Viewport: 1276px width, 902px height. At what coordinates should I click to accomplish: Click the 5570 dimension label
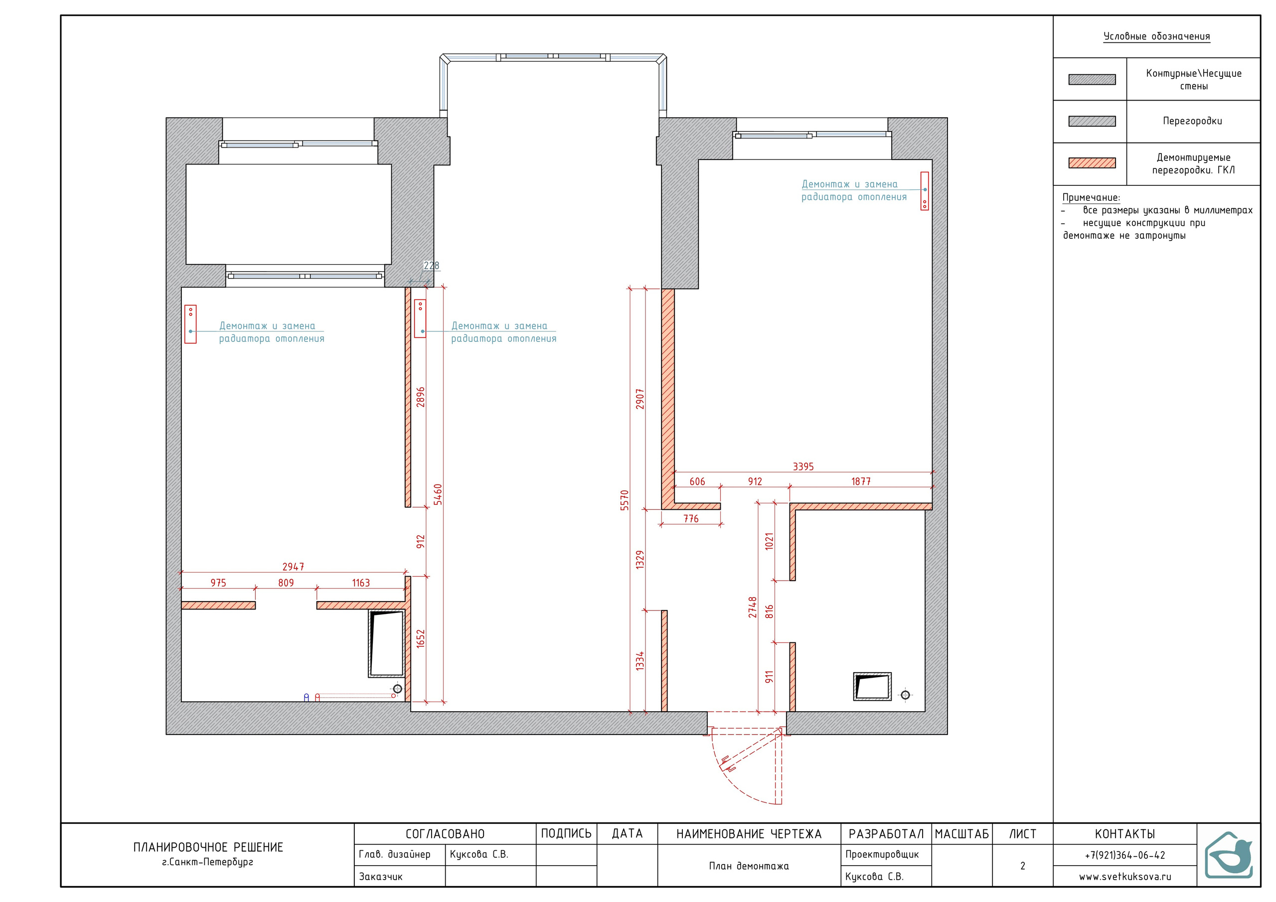point(625,500)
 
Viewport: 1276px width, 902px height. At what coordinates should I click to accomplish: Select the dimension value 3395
point(803,467)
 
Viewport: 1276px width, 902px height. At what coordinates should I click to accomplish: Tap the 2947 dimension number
point(294,567)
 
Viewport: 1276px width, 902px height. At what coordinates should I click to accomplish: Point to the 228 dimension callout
point(431,266)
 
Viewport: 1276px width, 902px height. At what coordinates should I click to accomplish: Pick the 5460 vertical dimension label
point(438,495)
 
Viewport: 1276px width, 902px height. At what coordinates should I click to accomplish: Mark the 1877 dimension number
point(861,481)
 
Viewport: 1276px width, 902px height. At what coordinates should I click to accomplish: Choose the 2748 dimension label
point(753,607)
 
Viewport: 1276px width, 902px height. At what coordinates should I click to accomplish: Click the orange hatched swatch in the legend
point(1092,163)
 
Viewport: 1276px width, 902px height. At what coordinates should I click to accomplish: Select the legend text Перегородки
point(1193,121)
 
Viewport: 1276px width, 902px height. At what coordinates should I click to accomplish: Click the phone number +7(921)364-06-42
point(1125,855)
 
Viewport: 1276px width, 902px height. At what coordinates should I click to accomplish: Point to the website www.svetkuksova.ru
point(1125,877)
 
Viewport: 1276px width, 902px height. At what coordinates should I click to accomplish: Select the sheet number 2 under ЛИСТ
point(1023,866)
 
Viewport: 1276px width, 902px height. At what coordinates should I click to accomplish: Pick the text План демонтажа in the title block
point(749,866)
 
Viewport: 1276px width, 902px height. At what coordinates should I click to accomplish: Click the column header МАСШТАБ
point(962,834)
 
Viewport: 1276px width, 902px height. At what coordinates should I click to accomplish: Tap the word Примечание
point(1091,198)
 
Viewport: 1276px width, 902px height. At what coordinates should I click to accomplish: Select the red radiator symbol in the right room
point(925,191)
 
